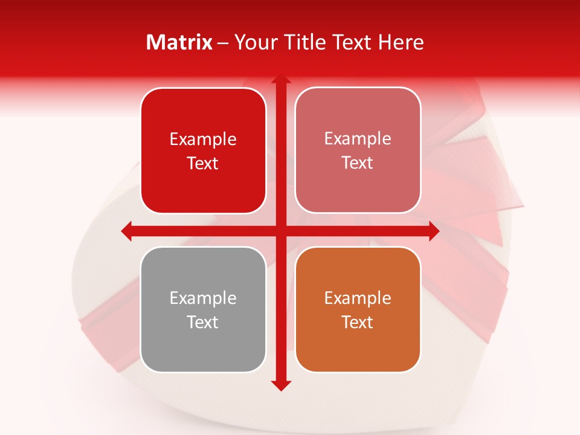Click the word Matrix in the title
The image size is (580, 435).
[x=179, y=42]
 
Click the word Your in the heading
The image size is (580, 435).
[x=253, y=42]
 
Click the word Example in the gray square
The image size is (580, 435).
[x=203, y=298]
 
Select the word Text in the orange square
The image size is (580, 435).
[x=358, y=322]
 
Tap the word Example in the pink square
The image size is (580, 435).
[x=358, y=139]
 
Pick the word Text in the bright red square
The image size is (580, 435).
[x=203, y=163]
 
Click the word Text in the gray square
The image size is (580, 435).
[x=203, y=322]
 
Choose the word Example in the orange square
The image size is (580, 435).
[x=358, y=298]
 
